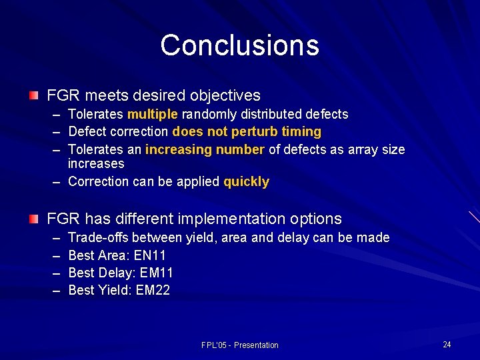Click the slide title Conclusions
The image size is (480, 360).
coord(239,45)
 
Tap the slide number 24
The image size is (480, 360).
coord(447,344)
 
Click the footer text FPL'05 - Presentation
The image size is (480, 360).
coord(239,345)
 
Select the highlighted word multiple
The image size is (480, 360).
coord(153,114)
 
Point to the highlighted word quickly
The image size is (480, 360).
coord(246,181)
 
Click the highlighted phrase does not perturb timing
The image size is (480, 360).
coord(247,131)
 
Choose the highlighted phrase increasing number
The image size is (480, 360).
coord(205,149)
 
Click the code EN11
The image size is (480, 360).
coord(150,255)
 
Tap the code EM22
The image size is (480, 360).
coord(153,290)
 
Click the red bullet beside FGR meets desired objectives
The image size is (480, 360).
coord(34,95)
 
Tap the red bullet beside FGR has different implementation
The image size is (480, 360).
coord(34,218)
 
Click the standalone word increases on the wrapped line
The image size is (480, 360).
coord(96,163)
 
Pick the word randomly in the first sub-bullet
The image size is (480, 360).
coord(206,114)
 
